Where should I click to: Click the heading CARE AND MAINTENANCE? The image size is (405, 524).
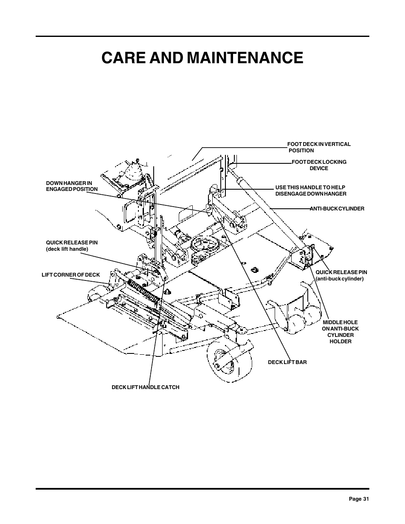tap(202, 58)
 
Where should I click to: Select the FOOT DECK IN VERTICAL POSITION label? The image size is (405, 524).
tap(319, 147)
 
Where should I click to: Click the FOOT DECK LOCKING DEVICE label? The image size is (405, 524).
tap(319, 165)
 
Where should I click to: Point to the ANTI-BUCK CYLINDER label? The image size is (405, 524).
tap(337, 209)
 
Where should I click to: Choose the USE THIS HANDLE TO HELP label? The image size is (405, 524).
tap(310, 188)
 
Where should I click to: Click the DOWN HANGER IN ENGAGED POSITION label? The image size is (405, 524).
tap(72, 186)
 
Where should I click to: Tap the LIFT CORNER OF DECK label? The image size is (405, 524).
tap(70, 275)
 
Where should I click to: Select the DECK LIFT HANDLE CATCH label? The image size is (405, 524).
tap(146, 387)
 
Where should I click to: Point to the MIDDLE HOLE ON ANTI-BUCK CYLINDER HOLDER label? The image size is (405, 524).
tap(340, 332)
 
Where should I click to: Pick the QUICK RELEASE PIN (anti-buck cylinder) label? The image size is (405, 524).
tap(341, 275)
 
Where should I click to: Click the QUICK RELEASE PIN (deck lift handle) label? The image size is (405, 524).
tap(72, 246)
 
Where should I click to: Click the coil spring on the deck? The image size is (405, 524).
tap(144, 291)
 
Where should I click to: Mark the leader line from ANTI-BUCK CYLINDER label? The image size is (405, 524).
tap(290, 208)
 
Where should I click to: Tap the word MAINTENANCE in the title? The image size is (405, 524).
tap(245, 58)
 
